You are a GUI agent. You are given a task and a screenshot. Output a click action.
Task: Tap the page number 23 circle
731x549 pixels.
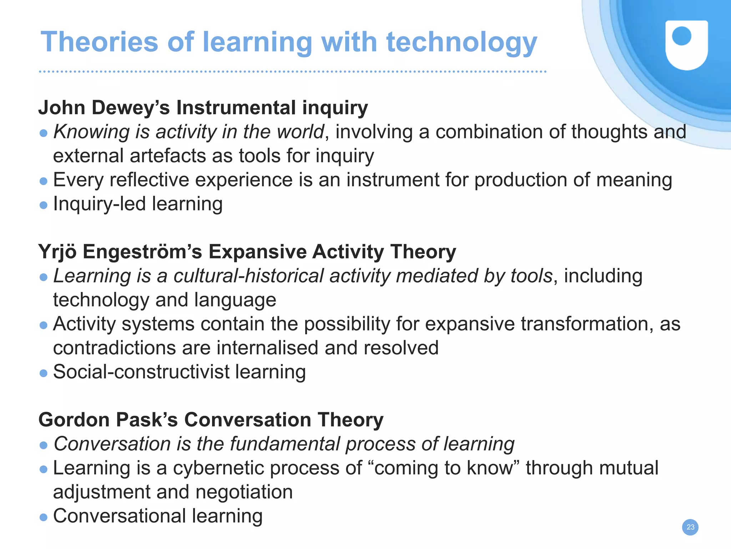tap(690, 527)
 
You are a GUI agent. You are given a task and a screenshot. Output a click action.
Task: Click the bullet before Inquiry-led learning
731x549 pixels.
tap(44, 205)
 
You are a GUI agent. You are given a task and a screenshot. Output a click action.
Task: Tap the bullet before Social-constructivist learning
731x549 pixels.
tap(44, 373)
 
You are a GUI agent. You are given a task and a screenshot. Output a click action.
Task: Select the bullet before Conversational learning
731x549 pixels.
tap(44, 517)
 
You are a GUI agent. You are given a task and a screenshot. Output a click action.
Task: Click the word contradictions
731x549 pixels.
tap(114, 348)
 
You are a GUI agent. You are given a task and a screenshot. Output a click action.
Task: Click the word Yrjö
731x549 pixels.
tap(57, 252)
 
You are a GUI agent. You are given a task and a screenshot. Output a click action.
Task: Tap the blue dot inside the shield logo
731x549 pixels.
tap(681, 36)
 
